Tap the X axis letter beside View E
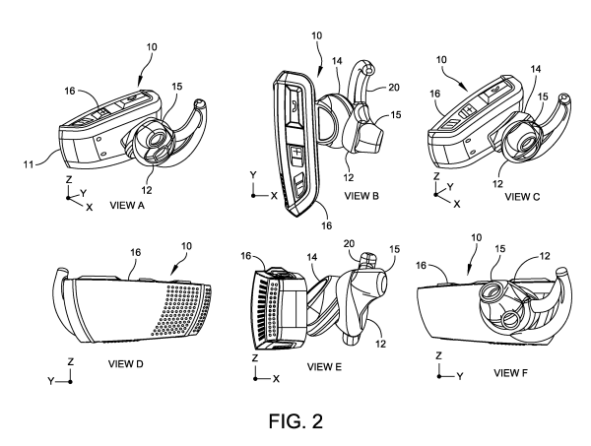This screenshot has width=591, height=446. (278, 378)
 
